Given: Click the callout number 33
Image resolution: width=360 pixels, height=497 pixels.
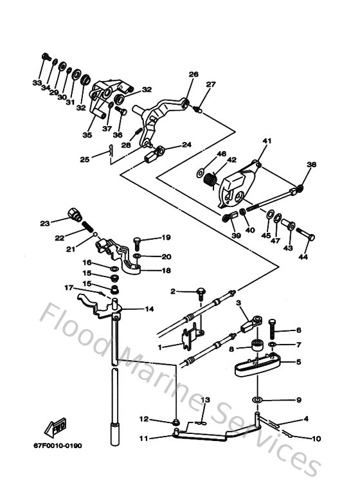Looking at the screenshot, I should click(x=37, y=84).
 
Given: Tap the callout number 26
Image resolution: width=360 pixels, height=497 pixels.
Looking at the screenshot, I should click(x=194, y=74).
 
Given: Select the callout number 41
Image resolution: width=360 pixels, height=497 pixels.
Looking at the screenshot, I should click(x=267, y=141).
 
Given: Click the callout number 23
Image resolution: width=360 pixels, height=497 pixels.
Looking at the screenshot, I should click(x=44, y=224).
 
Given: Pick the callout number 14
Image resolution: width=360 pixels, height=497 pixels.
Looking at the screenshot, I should click(x=149, y=309).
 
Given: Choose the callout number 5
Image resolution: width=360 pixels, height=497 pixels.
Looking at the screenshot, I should click(x=298, y=362).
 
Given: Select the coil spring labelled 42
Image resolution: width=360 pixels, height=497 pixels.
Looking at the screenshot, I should click(x=210, y=182).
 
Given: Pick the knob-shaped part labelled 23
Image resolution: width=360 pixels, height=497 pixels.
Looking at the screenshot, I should click(x=73, y=214).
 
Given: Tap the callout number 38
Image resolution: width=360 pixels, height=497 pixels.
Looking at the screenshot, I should click(x=311, y=165).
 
